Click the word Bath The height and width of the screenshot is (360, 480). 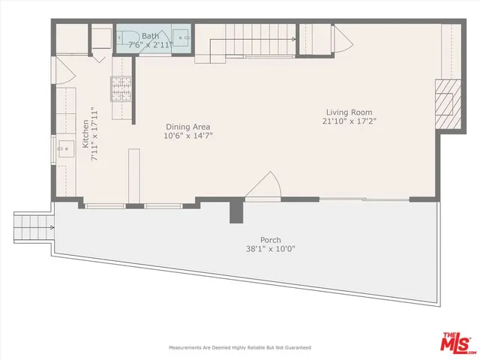point(151,35)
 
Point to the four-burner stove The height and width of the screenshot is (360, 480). point(121,89)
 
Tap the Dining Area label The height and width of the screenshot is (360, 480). point(187,127)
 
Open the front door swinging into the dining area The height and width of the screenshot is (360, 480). point(264,187)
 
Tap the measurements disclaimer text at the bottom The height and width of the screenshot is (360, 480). point(240,348)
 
